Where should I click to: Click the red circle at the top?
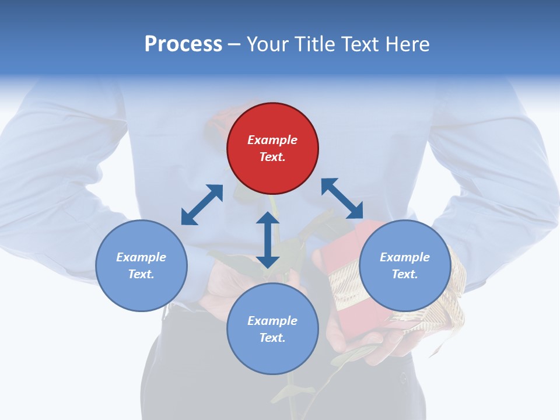[x=272, y=149]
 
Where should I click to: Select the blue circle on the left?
[x=141, y=265]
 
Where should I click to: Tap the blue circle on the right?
[x=405, y=265]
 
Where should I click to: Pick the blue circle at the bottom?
[x=272, y=329]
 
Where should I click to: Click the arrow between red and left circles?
[x=202, y=205]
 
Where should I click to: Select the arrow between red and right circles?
[x=342, y=198]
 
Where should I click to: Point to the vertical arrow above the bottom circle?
[x=268, y=240]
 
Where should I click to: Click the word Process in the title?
[x=183, y=44]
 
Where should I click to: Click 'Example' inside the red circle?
[x=272, y=140]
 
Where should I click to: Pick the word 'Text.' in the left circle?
[x=141, y=274]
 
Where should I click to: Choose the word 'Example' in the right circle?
[x=405, y=257]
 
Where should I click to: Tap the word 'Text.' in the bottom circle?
[x=272, y=338]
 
